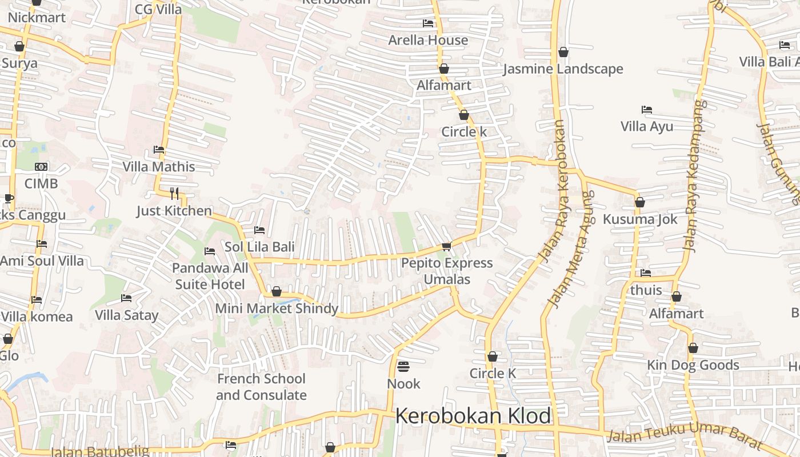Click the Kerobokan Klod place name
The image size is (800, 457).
(473, 416)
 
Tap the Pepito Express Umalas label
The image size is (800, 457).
(447, 271)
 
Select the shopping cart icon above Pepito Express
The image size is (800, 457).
(446, 246)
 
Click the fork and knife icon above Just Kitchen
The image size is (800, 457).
(174, 193)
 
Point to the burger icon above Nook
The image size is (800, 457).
(403, 366)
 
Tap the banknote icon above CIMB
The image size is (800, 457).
(41, 166)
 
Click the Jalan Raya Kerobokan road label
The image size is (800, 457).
(553, 191)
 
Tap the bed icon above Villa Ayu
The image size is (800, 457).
(647, 109)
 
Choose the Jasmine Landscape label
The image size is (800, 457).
(563, 69)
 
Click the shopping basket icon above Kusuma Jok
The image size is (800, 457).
(640, 202)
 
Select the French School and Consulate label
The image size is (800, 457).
(261, 387)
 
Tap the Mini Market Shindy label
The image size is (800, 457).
(277, 308)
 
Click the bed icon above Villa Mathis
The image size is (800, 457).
(159, 150)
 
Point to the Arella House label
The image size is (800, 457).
(428, 40)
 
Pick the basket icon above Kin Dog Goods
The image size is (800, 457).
(693, 348)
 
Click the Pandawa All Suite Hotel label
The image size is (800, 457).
(210, 276)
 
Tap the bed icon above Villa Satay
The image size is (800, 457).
(126, 298)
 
